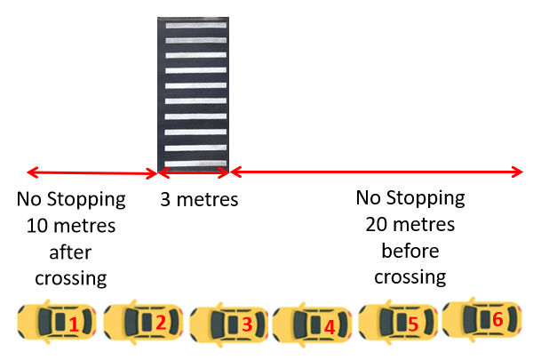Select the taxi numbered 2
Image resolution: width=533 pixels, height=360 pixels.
pyautogui.click(x=141, y=321)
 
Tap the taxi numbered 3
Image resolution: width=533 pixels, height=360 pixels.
pyautogui.click(x=227, y=324)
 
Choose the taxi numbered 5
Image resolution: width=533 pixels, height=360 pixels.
pyautogui.click(x=396, y=323)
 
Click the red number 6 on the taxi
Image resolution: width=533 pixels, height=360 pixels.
pyautogui.click(x=497, y=318)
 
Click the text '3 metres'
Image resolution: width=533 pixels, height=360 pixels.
pyautogui.click(x=199, y=199)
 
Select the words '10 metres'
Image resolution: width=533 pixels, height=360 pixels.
pyautogui.click(x=71, y=225)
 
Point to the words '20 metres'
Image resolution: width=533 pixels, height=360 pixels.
pyautogui.click(x=410, y=224)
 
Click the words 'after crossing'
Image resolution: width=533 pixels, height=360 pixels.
pyautogui.click(x=71, y=265)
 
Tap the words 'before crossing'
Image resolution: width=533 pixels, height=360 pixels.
pyautogui.click(x=410, y=264)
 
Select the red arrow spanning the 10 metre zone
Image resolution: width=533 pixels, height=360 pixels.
pyautogui.click(x=92, y=172)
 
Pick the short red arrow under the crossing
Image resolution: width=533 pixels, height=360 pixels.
pyautogui.click(x=194, y=172)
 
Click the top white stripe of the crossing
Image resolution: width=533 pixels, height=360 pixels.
pyautogui.click(x=194, y=26)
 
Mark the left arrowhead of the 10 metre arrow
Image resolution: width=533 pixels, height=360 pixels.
pyautogui.click(x=31, y=172)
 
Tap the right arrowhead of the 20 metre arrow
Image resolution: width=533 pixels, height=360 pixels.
pyautogui.click(x=519, y=172)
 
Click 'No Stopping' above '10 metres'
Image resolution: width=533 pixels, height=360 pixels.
pyautogui.click(x=71, y=198)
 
